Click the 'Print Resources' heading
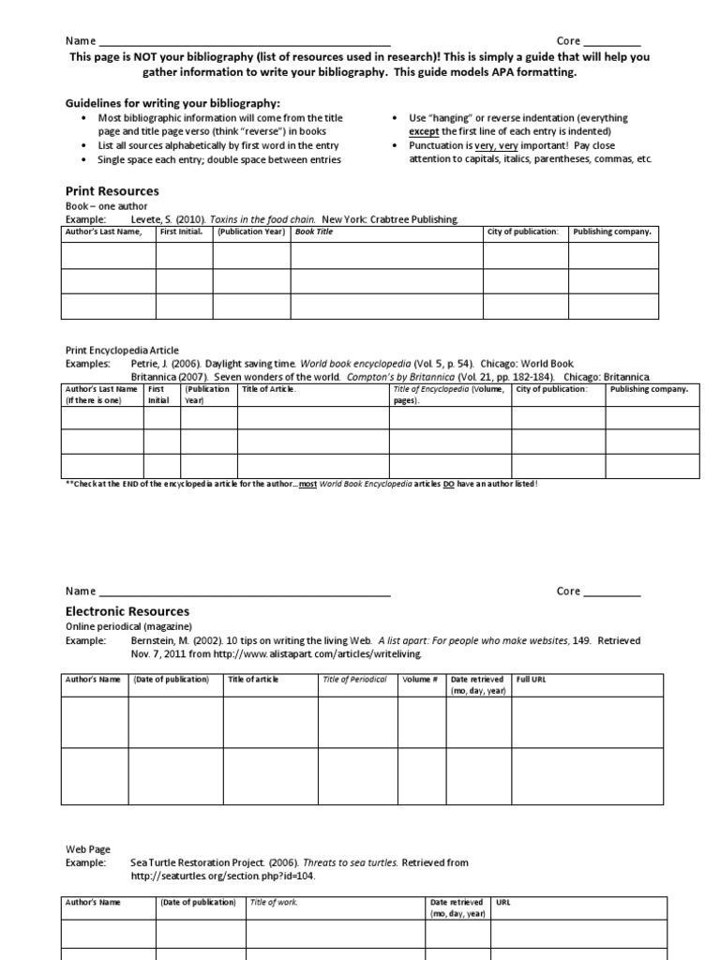[112, 191]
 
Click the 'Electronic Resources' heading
[127, 611]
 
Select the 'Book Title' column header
[315, 232]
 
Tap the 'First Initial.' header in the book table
[182, 232]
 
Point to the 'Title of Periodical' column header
[354, 680]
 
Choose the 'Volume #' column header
[419, 680]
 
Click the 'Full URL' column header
[531, 680]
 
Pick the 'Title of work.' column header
[271, 902]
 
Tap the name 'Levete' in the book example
[146, 218]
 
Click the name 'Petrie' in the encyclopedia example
[145, 362]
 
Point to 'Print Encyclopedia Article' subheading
[121, 350]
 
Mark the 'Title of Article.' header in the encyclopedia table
[269, 389]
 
